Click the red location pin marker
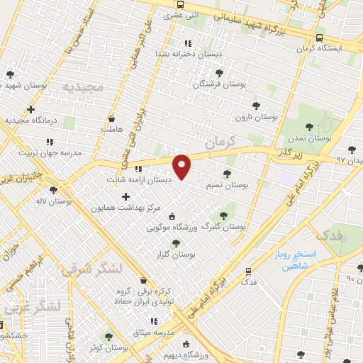pyautogui.click(x=182, y=166)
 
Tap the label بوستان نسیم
pyautogui.click(x=226, y=185)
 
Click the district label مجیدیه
pyautogui.click(x=83, y=86)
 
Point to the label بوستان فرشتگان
pyautogui.click(x=220, y=84)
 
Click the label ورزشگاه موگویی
pyautogui.click(x=172, y=228)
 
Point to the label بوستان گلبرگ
pyautogui.click(x=224, y=228)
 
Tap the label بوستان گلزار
pyautogui.click(x=176, y=253)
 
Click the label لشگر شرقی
pyautogui.click(x=92, y=269)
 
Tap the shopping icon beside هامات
pyautogui.click(x=112, y=118)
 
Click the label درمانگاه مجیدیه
pyautogui.click(x=30, y=121)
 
